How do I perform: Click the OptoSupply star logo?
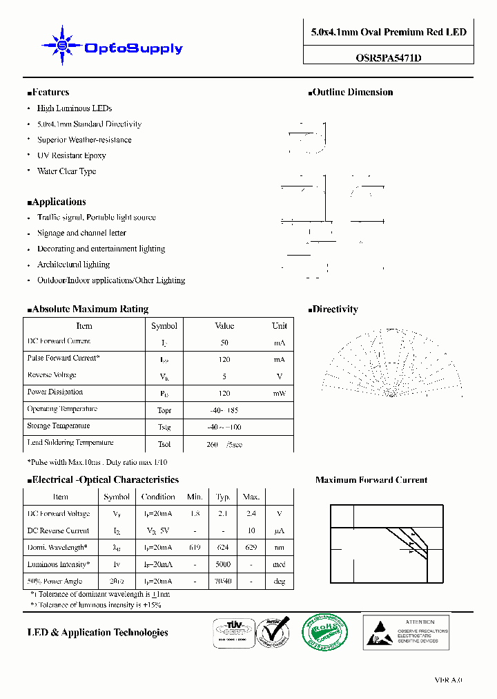tap(62, 46)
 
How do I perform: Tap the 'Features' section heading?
tap(50, 93)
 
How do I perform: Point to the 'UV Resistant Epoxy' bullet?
tap(71, 155)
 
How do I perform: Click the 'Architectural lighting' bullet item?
tap(73, 265)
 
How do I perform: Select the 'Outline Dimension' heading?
tap(352, 93)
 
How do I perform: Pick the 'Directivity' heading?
tap(335, 309)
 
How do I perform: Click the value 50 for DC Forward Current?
tap(224, 343)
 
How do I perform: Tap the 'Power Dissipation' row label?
tap(56, 392)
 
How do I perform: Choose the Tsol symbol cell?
tap(164, 444)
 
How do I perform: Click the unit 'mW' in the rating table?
tap(279, 393)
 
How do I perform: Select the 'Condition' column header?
tap(158, 497)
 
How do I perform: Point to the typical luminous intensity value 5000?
tap(223, 564)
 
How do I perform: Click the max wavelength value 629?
tap(251, 548)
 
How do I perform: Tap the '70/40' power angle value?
tap(223, 582)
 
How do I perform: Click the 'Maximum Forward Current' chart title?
tap(371, 480)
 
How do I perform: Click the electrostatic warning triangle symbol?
tap(379, 632)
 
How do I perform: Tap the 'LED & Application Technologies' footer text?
tap(97, 633)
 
